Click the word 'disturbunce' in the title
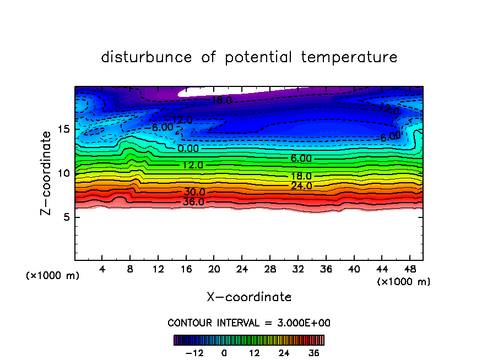click(147, 57)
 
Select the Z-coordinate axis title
click(48, 173)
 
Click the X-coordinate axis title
click(249, 297)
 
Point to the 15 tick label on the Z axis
click(62, 129)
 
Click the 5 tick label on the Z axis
click(65, 217)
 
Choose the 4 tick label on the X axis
click(102, 269)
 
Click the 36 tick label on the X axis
click(326, 269)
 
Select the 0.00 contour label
click(189, 149)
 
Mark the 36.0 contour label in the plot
click(194, 202)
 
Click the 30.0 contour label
click(194, 192)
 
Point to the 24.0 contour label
click(301, 186)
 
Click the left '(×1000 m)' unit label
click(53, 276)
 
